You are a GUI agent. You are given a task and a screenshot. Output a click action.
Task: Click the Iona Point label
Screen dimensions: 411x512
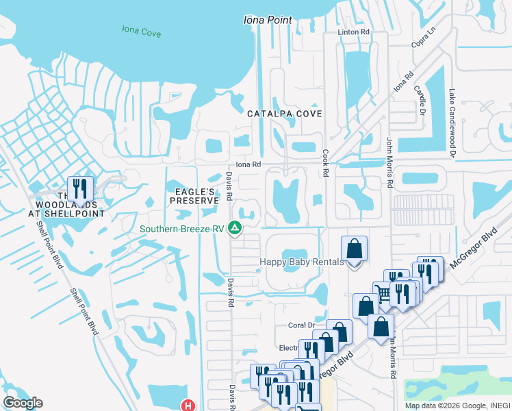pos(268,20)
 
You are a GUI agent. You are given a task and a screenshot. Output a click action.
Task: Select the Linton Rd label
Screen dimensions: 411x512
pos(353,32)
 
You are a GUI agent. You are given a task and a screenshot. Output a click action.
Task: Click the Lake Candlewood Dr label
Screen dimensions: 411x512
pos(452,123)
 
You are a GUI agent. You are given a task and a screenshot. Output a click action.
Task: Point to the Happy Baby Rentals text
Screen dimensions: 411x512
pos(300,262)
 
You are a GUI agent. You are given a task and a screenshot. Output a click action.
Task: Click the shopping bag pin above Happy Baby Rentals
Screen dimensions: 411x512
pos(354,249)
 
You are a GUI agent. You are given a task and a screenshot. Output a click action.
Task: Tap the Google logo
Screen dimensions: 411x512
pos(22,403)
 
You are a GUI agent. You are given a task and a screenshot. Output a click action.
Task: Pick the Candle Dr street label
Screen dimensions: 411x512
pos(419,99)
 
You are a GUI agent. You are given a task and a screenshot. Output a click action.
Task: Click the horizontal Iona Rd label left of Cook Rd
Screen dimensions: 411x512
pos(248,164)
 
